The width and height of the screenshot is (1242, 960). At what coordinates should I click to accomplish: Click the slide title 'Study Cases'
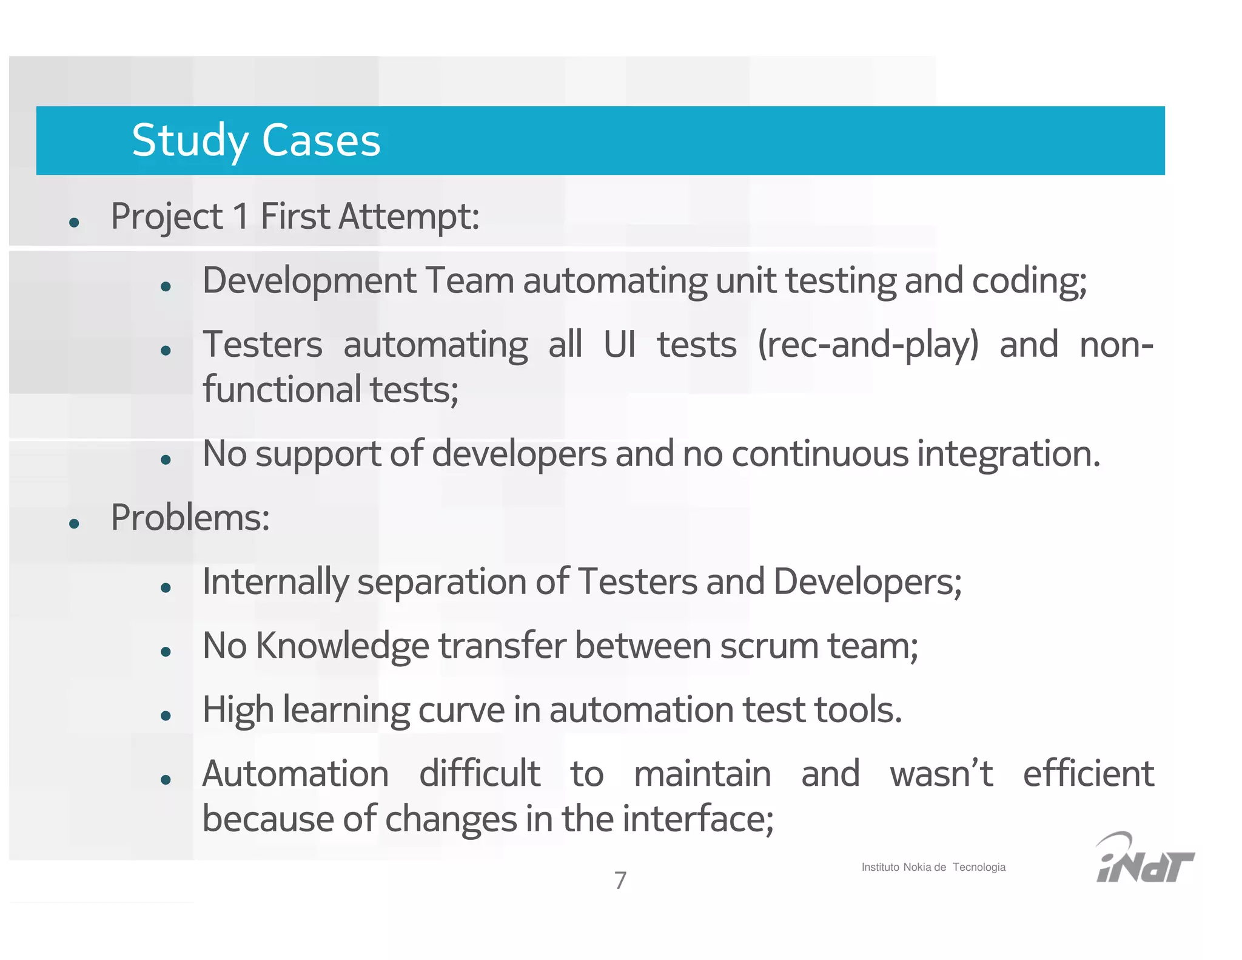pos(256,140)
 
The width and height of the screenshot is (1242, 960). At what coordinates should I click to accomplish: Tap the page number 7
pos(620,880)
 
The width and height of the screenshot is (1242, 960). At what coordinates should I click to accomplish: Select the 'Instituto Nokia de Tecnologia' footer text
pos(933,867)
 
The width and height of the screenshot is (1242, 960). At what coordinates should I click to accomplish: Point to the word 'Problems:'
pos(190,518)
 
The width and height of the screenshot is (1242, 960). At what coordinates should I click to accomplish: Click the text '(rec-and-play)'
pos(868,345)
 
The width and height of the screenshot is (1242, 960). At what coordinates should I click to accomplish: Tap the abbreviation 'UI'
pos(619,345)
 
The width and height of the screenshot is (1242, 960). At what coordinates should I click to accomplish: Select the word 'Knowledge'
pos(343,646)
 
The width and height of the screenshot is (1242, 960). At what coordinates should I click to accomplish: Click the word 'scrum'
pos(769,646)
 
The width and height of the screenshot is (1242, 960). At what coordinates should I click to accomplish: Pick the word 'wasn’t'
pos(941,774)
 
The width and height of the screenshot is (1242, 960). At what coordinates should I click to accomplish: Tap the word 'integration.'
pos(1008,454)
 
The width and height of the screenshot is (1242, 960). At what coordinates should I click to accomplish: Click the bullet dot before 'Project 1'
pos(75,222)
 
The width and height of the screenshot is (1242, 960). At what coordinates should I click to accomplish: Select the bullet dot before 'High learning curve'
pos(166,716)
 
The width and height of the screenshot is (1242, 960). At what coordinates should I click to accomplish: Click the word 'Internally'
pos(275,582)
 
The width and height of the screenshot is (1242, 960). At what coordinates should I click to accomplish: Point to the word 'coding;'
pos(1029,281)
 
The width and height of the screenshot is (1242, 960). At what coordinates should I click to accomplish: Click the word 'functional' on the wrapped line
pos(282,390)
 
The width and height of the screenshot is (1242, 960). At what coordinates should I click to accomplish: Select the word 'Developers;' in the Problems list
pos(867,582)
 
